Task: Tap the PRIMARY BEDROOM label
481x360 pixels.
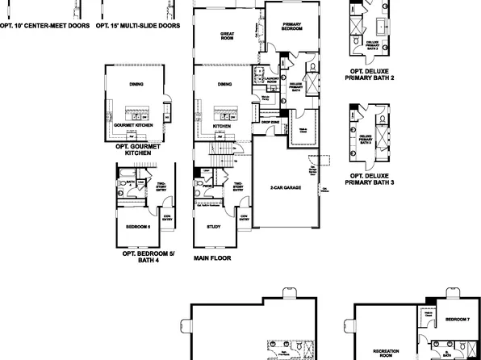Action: [x=291, y=26]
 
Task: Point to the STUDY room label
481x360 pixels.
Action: [x=213, y=227]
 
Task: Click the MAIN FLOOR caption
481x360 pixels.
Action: [x=212, y=258]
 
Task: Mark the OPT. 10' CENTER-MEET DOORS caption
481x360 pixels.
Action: [x=43, y=24]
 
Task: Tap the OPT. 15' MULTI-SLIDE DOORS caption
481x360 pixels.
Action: [x=138, y=24]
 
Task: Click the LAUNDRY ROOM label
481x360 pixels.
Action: [x=271, y=82]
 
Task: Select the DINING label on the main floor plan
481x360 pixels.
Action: [x=225, y=83]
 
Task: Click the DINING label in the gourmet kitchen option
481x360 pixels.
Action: [x=136, y=83]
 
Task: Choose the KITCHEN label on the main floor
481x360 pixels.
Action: [x=221, y=127]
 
